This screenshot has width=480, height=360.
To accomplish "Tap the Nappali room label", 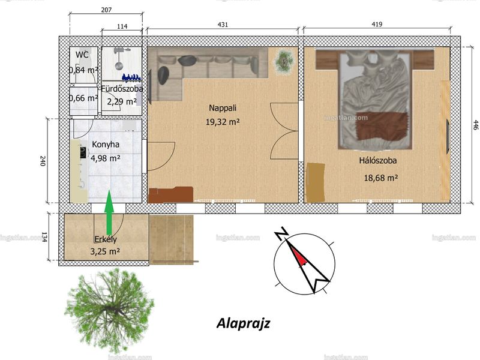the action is pos(223,108).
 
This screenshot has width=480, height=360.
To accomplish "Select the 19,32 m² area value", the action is pos(223,122).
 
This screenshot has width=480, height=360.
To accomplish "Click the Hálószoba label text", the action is pos(378,160).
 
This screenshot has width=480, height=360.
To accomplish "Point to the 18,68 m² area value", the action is pos(381,178).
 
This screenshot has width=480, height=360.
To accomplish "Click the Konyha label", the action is pos(106,145).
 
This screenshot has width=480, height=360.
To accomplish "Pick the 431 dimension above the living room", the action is pos(223,25).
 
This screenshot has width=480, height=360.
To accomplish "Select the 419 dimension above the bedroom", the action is pos(377,24).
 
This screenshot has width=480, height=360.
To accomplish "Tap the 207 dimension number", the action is pos(106,10).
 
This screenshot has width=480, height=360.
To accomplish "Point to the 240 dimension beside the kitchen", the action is pos(43,161).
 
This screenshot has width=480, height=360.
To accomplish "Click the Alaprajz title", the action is pos(244,323).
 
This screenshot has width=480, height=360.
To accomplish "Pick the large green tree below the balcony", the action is pos(109,311).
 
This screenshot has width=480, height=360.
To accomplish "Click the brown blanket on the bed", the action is pos(382,126).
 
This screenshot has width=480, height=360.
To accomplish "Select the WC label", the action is pos(82,55).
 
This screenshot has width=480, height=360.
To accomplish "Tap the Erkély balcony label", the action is pos(106,239).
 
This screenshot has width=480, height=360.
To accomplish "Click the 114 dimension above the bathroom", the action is pos(122,26).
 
